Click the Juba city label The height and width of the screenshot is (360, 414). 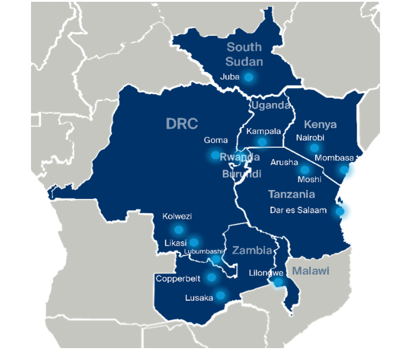pyautogui.click(x=230, y=77)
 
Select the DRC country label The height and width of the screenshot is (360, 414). pyautogui.click(x=181, y=123)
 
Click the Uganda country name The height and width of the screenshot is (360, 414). pyautogui.click(x=271, y=105)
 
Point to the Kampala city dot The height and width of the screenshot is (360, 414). pyautogui.click(x=262, y=142)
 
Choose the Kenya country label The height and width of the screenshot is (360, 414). pyautogui.click(x=320, y=125)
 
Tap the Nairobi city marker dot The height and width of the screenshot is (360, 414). pyautogui.click(x=314, y=148)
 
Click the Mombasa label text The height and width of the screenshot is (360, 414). pyautogui.click(x=334, y=159)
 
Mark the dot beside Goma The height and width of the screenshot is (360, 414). pyautogui.click(x=215, y=155)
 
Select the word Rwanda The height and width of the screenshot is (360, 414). pyautogui.click(x=240, y=157)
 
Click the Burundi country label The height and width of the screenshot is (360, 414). pyautogui.click(x=242, y=174)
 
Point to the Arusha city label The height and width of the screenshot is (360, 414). pyautogui.click(x=284, y=162)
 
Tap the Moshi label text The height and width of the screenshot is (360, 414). pyautogui.click(x=309, y=179)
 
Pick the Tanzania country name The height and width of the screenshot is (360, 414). pyautogui.click(x=292, y=194)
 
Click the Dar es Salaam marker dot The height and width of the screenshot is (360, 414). pyautogui.click(x=340, y=211)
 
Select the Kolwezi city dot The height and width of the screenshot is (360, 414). pyautogui.click(x=178, y=229)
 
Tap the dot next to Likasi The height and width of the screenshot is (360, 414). pyautogui.click(x=194, y=243)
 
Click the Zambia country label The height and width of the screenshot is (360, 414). pyautogui.click(x=252, y=250)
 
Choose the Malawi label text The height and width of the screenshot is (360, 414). pyautogui.click(x=310, y=271)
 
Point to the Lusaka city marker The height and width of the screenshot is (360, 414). pyautogui.click(x=221, y=295)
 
